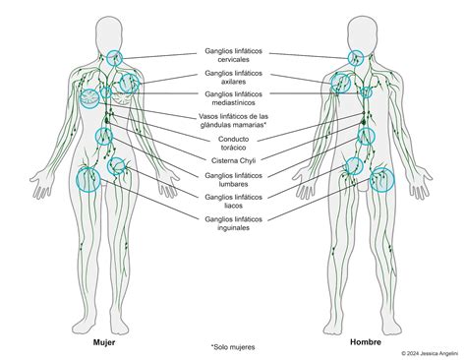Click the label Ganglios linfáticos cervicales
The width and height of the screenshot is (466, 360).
(233, 54)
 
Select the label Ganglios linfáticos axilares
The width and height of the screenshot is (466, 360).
(233, 77)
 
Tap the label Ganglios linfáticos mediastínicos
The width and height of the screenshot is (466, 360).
(233, 98)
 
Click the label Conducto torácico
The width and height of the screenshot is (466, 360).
(233, 143)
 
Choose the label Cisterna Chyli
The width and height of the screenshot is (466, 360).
(233, 160)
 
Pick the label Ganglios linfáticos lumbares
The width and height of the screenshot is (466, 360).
(233, 179)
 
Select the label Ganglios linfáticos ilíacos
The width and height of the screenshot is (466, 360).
(233, 201)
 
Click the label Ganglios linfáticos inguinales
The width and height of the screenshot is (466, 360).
(233, 222)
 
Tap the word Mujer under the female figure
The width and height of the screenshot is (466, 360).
(104, 342)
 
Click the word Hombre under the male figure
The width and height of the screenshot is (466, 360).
(365, 342)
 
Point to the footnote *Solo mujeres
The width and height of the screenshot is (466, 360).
(232, 347)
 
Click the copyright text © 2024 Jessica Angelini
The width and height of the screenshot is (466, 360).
(430, 353)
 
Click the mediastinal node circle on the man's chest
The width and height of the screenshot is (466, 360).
(365, 93)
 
